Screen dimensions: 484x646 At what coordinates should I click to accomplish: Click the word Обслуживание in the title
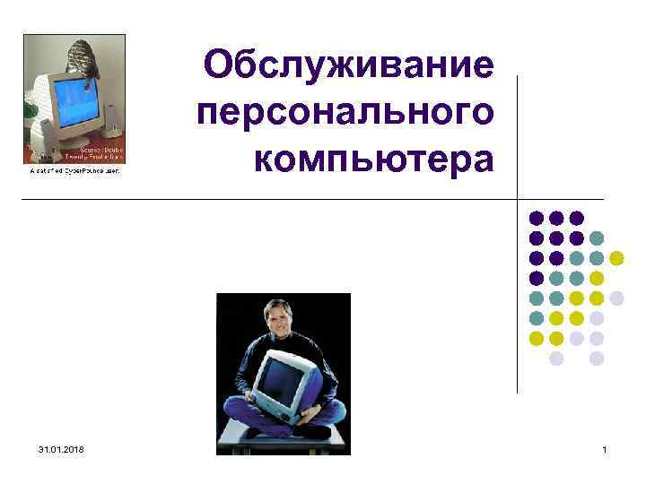coord(348,65)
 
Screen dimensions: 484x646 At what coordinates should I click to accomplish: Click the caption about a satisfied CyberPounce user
coord(74,170)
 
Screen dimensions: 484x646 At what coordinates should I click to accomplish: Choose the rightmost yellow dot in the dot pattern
coord(616,258)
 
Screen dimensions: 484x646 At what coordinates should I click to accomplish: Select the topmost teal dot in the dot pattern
coord(597,238)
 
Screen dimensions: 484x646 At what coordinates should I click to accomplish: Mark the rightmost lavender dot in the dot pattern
coord(616,298)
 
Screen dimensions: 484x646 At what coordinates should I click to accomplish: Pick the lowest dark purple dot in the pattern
coord(537,278)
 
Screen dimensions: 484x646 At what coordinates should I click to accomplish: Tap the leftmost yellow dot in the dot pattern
coord(537,338)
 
